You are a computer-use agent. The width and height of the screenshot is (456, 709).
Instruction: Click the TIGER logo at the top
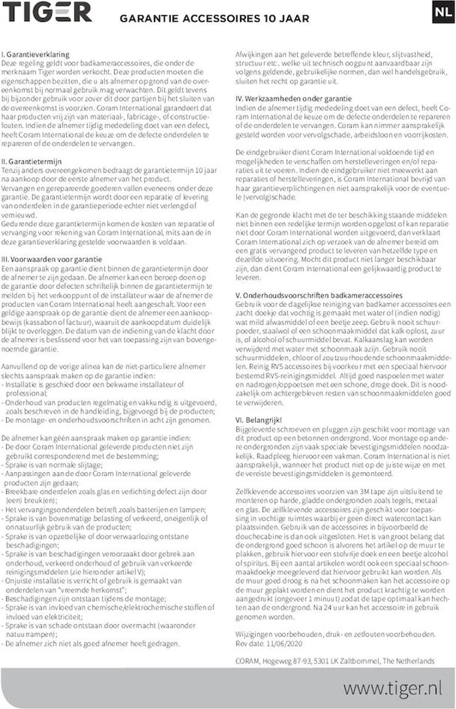point(49,12)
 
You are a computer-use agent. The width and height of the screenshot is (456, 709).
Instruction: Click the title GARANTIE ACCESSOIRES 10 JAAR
point(214,19)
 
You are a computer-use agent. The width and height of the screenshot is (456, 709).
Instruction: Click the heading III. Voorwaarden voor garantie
point(53,259)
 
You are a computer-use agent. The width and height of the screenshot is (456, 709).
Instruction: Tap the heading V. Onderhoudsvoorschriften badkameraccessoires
point(319,294)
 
